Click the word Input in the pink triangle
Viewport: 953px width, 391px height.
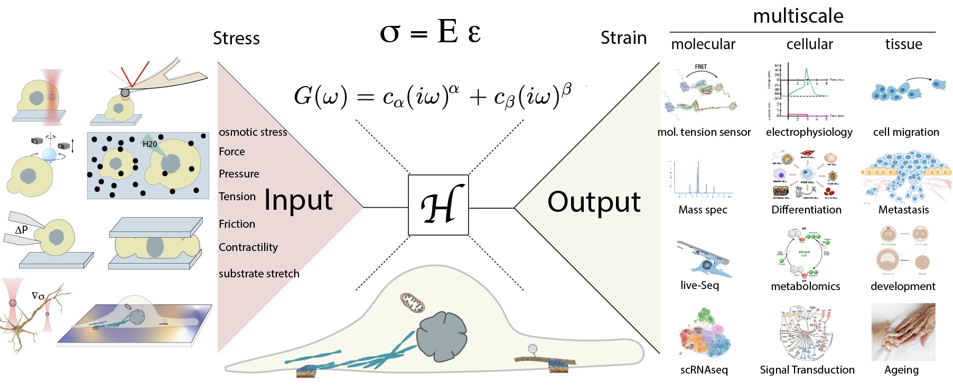[298, 200]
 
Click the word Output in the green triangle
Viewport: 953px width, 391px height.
[594, 202]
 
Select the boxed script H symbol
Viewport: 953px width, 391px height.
[438, 205]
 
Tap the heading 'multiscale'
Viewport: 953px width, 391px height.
[798, 16]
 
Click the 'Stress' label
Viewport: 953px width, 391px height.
[236, 39]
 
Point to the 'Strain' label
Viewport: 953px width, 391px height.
[623, 38]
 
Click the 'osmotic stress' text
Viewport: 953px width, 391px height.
[253, 132]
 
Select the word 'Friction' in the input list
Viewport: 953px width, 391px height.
[237, 224]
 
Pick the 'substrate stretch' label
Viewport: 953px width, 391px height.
[259, 274]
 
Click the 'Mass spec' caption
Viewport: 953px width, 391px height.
[703, 210]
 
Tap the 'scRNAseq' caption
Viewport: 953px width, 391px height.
[704, 370]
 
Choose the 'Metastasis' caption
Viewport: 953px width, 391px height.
[903, 210]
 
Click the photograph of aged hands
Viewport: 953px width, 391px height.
[903, 332]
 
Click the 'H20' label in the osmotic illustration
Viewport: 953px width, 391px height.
[150, 144]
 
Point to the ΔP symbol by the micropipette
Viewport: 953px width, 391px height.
[21, 230]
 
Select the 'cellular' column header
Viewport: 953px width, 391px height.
[809, 44]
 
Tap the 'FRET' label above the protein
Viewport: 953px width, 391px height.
[700, 67]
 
